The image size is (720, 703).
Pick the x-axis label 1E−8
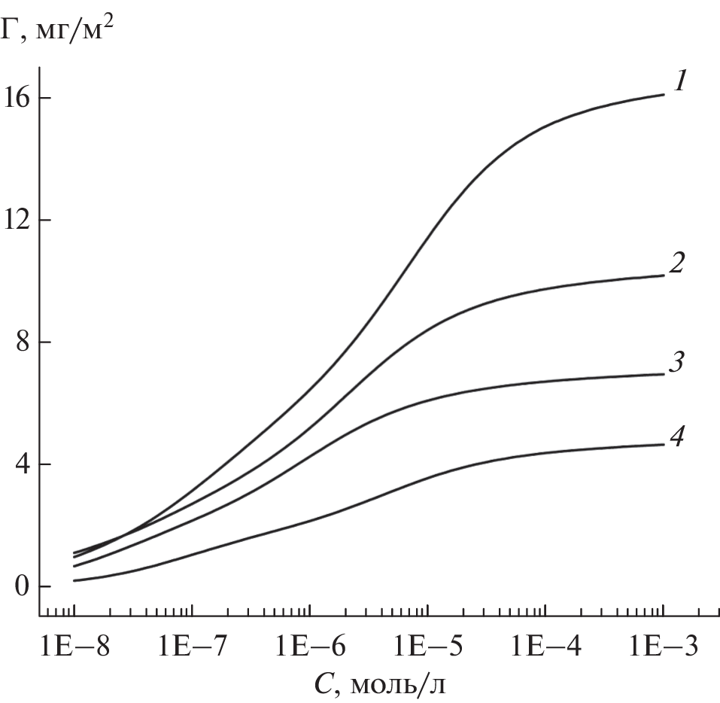coord(74,647)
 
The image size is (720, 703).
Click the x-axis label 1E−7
coord(192,647)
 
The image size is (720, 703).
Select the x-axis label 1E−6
coord(309,647)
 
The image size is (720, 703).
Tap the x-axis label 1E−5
coord(427,647)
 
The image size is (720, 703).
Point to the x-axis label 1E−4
coord(545,647)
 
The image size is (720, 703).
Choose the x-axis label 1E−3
coord(662,647)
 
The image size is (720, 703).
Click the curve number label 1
coord(679,81)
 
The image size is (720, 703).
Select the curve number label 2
coord(677,263)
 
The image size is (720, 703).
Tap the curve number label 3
coord(677,362)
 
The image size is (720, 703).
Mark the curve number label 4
coord(677,436)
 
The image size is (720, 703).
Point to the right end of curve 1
coord(664,95)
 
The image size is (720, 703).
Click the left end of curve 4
coord(74,580)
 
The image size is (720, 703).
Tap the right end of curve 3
coord(664,374)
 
